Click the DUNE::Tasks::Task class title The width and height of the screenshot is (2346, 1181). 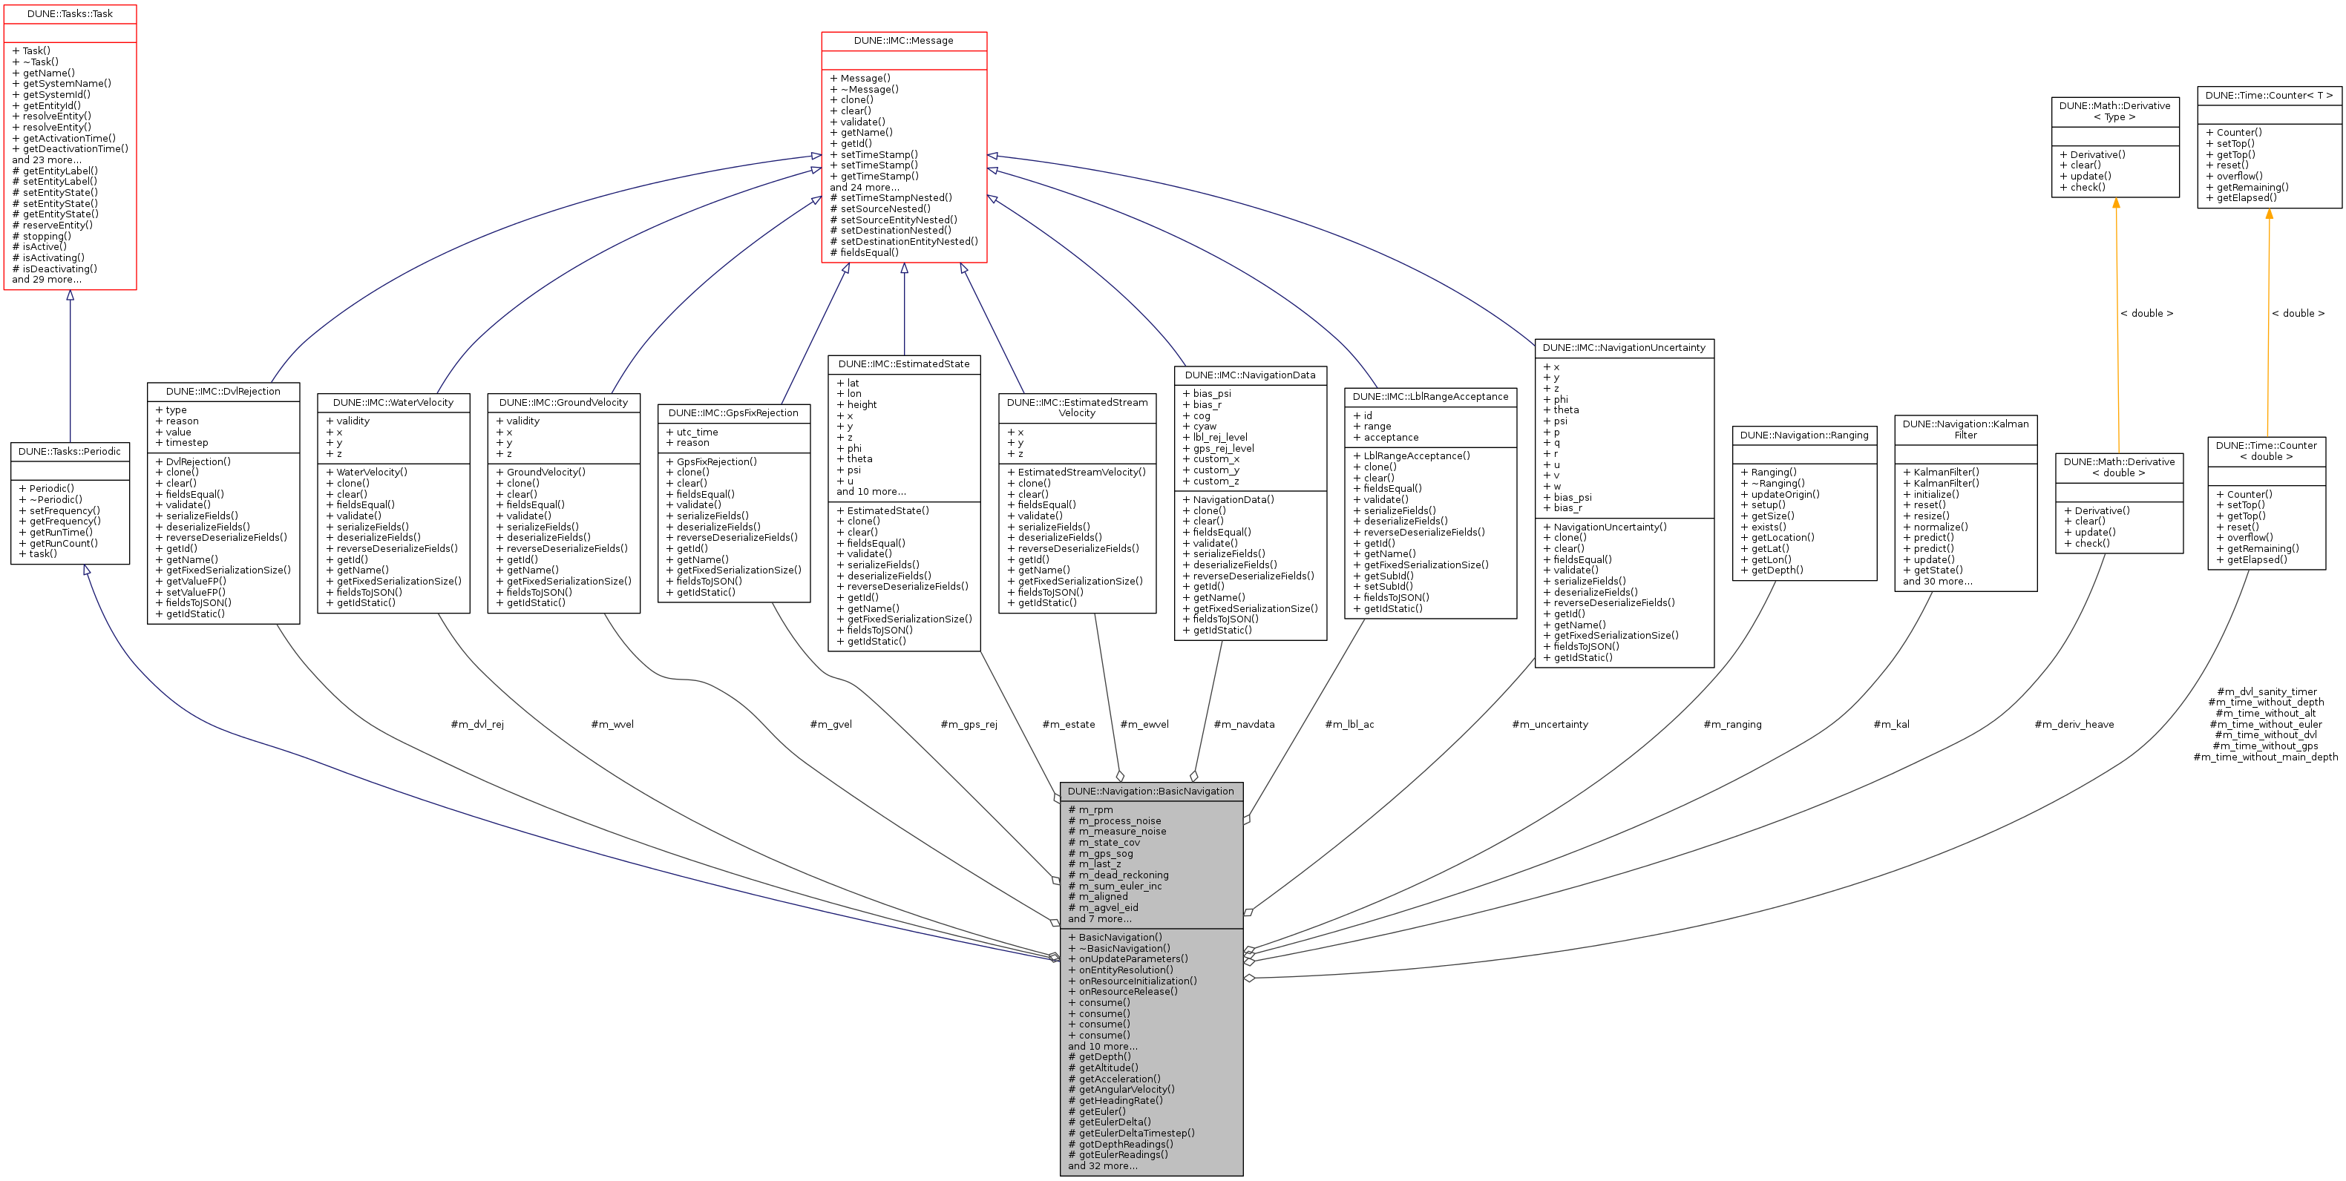[x=70, y=13]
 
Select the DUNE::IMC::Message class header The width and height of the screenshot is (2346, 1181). [x=903, y=41]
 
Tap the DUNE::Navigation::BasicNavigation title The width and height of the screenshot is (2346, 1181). [x=1150, y=792]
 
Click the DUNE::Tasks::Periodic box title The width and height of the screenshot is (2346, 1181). [x=69, y=452]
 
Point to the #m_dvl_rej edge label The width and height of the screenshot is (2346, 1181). [x=477, y=725]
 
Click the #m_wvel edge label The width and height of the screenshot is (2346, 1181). [x=612, y=725]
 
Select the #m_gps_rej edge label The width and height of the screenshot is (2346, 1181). [x=969, y=725]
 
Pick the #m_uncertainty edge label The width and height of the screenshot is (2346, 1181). [x=1550, y=725]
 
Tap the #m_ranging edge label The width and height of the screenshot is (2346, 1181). [x=1732, y=725]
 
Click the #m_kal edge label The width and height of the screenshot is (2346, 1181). [x=1892, y=725]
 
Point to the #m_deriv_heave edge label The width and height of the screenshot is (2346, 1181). [x=2074, y=725]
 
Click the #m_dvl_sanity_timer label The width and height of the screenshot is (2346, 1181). [x=2266, y=692]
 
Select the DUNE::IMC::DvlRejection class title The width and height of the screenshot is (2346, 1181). [x=223, y=392]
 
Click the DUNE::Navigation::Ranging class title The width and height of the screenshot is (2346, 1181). [x=1804, y=435]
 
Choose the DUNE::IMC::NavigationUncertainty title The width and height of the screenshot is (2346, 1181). [x=1624, y=348]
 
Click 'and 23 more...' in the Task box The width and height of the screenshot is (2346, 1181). [x=47, y=160]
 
